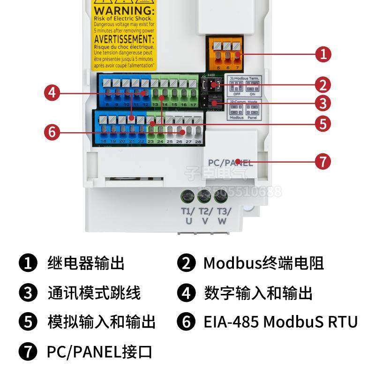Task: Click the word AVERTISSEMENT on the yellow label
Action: pos(124,39)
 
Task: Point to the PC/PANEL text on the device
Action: pos(230,163)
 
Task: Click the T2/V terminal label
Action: pos(205,216)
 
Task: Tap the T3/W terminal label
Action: pos(222,216)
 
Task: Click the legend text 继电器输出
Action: pos(86,263)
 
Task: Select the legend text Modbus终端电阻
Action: pos(263,263)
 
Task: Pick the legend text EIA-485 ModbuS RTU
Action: pos(280,322)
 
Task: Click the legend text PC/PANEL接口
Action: pos(99,351)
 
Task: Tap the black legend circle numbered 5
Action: pos(28,322)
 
